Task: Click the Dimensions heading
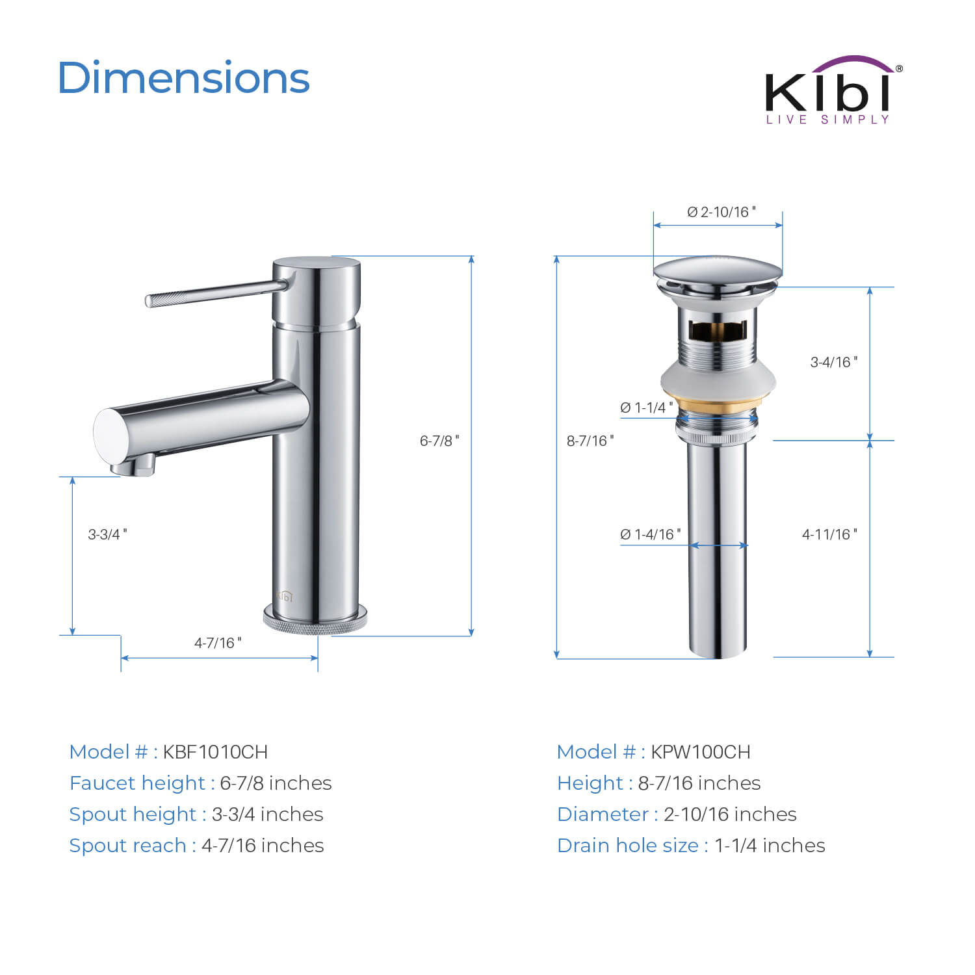pos(184,78)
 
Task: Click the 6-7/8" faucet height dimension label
pos(439,441)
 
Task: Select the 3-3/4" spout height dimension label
pos(108,534)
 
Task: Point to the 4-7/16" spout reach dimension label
pos(218,643)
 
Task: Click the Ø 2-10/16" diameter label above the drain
pos(721,212)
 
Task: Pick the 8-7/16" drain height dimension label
pos(590,441)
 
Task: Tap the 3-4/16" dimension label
pos(834,362)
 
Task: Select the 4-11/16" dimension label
pos(829,534)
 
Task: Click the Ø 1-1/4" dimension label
pos(647,408)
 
